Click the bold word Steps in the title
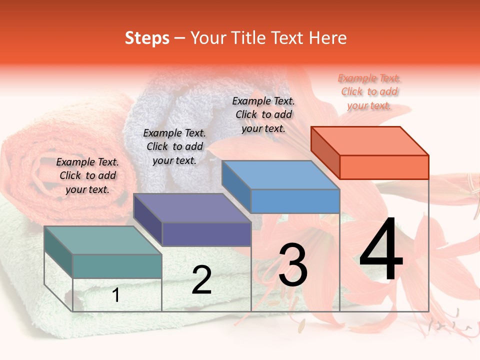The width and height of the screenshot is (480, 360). pyautogui.click(x=147, y=38)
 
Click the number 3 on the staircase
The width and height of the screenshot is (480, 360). pyautogui.click(x=293, y=265)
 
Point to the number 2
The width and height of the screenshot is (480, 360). pyautogui.click(x=201, y=280)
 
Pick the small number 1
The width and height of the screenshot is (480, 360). pyautogui.click(x=116, y=295)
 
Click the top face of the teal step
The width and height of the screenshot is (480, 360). pyautogui.click(x=102, y=240)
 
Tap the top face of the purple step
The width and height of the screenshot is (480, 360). pyautogui.click(x=191, y=207)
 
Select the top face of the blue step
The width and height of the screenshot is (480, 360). pyautogui.click(x=280, y=175)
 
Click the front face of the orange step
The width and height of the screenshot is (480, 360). pyautogui.click(x=384, y=167)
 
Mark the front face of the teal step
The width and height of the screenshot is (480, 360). pyautogui.click(x=117, y=266)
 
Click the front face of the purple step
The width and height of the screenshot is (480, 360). pyautogui.click(x=206, y=234)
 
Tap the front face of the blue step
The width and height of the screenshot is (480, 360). pyautogui.click(x=295, y=201)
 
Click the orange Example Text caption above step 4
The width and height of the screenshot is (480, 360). pyautogui.click(x=369, y=92)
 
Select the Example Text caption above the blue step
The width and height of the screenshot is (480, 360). pyautogui.click(x=263, y=114)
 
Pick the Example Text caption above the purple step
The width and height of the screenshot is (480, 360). pyautogui.click(x=174, y=146)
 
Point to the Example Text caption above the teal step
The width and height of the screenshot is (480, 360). pyautogui.click(x=87, y=175)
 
